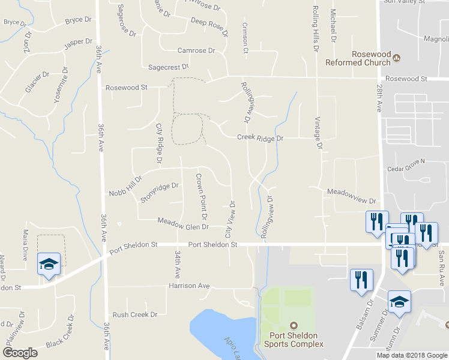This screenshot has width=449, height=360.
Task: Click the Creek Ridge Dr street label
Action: [x=259, y=137]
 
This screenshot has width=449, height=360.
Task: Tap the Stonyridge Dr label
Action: [x=160, y=192]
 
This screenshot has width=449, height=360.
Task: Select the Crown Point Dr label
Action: [x=201, y=196]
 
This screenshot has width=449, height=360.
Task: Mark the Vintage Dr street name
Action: [x=318, y=133]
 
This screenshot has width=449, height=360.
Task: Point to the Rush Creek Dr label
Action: [x=134, y=314]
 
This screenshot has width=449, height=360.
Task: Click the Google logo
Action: [x=20, y=353]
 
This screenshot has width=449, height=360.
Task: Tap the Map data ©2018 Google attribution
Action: [x=412, y=355]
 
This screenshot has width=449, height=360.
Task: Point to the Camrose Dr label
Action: [x=196, y=51]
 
